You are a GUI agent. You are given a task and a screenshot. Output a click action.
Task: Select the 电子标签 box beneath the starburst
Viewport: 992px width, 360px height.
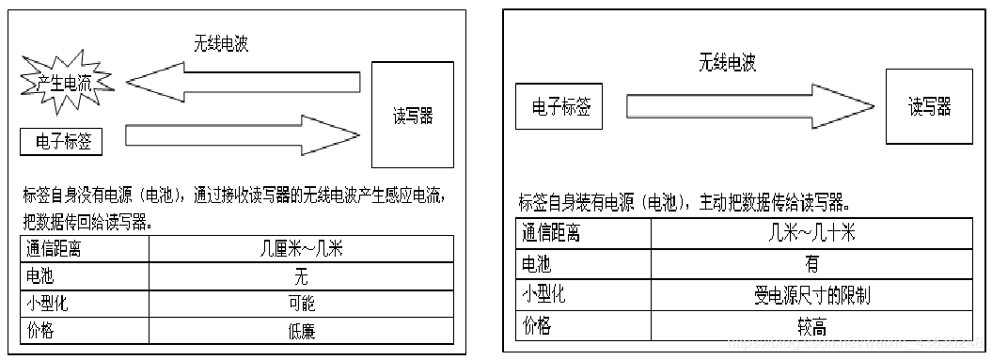coord(61,141)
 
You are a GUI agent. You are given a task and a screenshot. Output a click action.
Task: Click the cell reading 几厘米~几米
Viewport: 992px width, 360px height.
coord(301,249)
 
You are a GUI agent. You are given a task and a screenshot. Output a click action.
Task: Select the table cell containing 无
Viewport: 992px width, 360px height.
coord(301,276)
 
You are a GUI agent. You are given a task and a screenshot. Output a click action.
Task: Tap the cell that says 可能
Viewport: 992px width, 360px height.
coord(301,304)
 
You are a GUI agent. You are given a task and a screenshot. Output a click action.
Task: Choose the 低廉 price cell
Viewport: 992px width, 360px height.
coord(301,331)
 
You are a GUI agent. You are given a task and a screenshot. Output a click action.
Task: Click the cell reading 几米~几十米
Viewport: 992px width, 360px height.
coord(811,233)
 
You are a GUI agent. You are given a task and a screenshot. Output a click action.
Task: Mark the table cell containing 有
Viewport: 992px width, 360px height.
coord(811,264)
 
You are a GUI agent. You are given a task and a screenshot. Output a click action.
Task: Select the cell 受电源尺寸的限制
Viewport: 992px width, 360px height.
coord(811,295)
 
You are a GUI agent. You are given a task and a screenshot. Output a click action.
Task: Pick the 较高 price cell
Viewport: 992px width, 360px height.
coord(811,326)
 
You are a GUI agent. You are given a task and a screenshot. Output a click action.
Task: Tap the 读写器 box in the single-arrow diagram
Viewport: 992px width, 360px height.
coord(929,105)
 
